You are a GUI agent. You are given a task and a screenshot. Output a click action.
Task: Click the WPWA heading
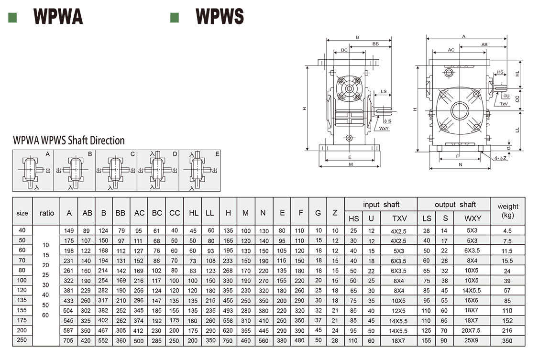coord(58,17)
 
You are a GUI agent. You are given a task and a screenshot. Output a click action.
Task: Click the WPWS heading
coord(220,17)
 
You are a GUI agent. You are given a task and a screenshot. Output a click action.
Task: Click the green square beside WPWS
coord(175,17)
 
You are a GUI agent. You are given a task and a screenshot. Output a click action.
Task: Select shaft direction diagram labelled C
coord(116,171)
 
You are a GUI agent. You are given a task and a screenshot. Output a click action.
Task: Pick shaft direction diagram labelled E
coord(199,171)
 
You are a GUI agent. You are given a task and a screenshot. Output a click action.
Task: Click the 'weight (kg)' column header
coord(507,211)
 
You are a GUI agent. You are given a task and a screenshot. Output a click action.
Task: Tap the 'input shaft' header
coord(381,205)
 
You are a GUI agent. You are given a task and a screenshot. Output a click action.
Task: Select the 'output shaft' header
coord(455,205)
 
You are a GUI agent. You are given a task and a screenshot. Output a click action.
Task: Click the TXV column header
coord(399,218)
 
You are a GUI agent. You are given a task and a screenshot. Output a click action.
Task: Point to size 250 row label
coord(22,340)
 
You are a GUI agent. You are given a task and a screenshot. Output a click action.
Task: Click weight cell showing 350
coord(507,341)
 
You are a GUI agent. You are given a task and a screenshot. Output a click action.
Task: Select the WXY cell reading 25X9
coord(472,341)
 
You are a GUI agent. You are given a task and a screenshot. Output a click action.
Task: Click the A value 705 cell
coord(69,341)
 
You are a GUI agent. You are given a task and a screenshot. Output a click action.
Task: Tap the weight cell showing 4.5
coord(507,231)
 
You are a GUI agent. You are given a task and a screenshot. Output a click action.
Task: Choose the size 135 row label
coord(22,301)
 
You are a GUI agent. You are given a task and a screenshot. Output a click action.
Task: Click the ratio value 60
coord(45,315)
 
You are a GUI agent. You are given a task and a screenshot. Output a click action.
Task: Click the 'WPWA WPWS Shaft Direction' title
coord(69,141)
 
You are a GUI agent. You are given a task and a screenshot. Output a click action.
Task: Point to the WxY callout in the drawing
coord(384,129)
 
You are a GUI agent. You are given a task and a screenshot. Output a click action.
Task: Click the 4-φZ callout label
coord(501,158)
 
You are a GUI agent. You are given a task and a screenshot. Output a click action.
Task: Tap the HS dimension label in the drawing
coord(500,72)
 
